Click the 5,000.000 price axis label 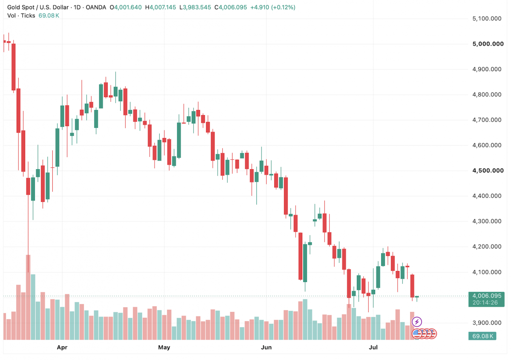(488, 44)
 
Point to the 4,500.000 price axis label (488, 170)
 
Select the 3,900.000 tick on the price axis (487, 323)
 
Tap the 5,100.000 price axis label (487, 18)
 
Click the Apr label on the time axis (62, 348)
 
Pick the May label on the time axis (164, 348)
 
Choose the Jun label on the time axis (266, 348)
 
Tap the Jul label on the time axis (373, 348)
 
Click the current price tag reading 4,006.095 (487, 296)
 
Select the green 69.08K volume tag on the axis (482, 336)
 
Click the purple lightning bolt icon (417, 322)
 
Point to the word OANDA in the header (96, 7)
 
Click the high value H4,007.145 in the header (161, 7)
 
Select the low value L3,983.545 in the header (195, 7)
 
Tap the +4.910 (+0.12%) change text (273, 7)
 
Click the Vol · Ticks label (21, 15)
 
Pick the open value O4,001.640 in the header (126, 7)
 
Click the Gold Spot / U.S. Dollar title (38, 7)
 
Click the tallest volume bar (28, 297)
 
